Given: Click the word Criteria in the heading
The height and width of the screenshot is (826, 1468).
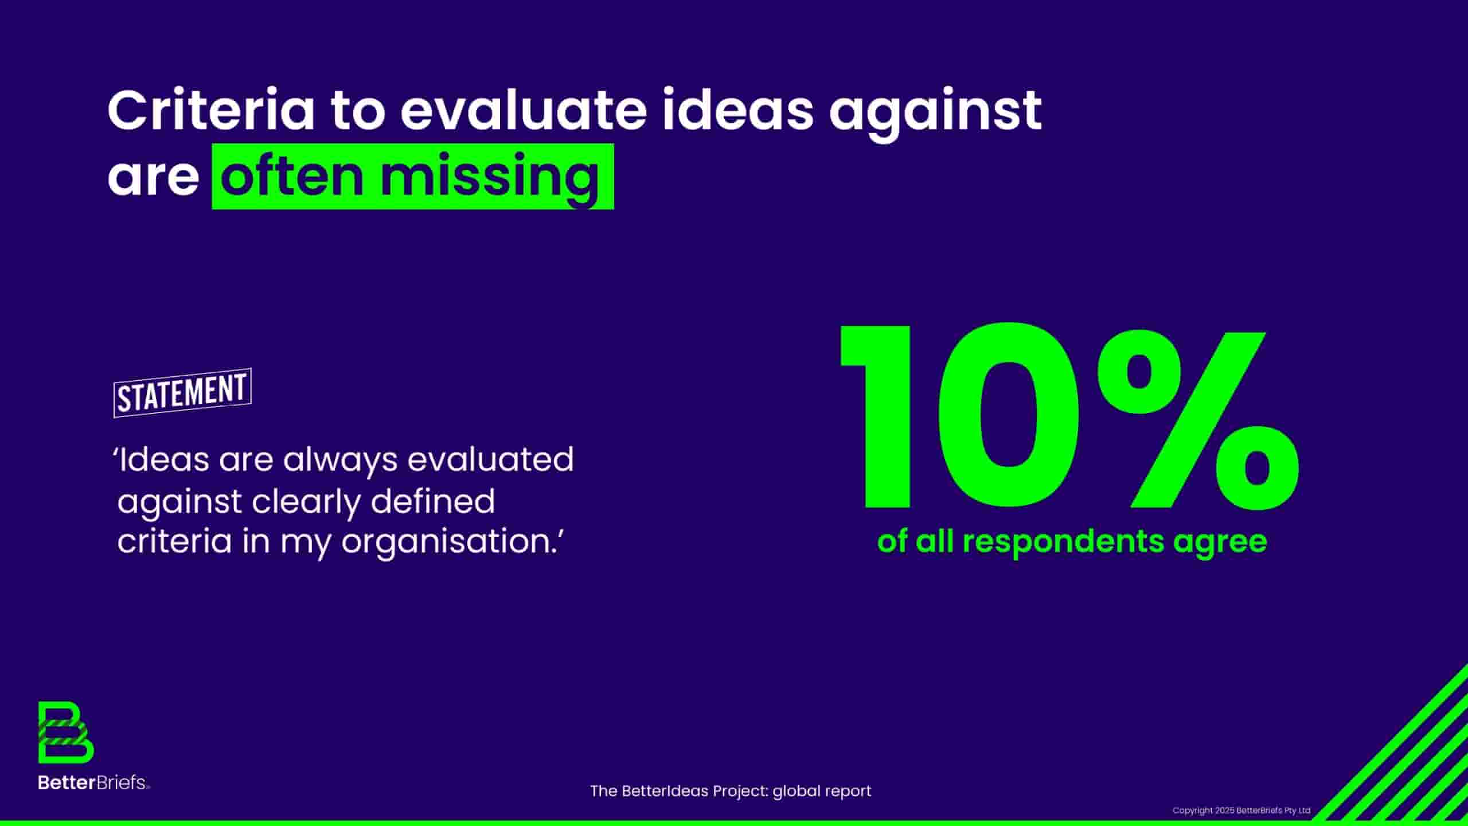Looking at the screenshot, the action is click(210, 110).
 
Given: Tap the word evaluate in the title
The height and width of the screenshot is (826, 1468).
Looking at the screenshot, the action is click(524, 110).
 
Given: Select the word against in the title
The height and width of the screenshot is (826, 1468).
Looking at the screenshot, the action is click(935, 115).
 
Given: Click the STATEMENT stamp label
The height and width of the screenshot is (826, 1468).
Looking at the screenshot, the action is click(182, 393).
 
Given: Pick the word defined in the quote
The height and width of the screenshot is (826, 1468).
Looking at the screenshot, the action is click(432, 501).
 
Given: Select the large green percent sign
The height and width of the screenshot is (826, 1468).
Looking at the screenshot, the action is click(1198, 421).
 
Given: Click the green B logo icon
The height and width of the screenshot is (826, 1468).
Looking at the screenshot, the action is click(66, 733).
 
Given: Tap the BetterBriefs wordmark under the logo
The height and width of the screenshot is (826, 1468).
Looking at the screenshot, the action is click(94, 782).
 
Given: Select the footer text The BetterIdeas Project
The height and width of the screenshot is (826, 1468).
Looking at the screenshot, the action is click(679, 791).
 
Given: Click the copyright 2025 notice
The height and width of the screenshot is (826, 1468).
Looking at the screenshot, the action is click(1241, 811).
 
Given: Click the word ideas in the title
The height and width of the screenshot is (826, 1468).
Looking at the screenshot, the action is click(738, 110).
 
